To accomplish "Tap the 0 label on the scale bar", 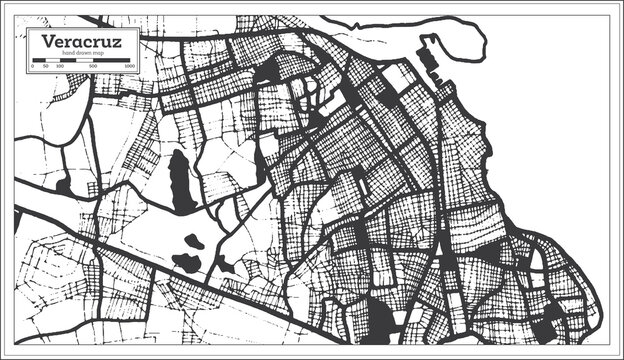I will click(33, 67).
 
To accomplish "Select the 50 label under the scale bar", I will click(46, 67).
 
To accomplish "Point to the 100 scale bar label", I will click(59, 67).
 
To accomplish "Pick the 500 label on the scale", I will click(94, 67).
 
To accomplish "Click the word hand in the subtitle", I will click(68, 53).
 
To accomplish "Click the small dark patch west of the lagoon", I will click(63, 185).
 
